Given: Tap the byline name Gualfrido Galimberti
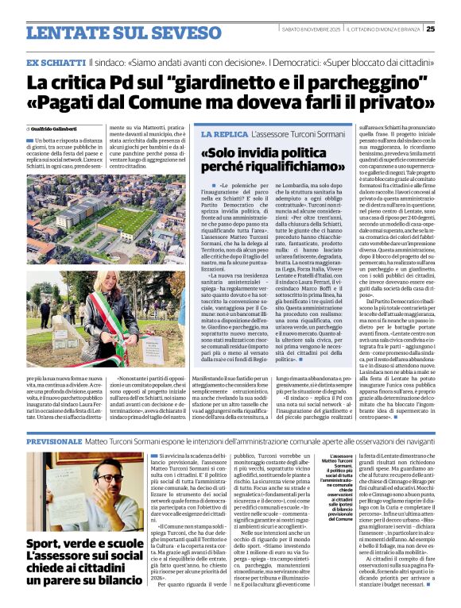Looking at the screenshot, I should [56, 128].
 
